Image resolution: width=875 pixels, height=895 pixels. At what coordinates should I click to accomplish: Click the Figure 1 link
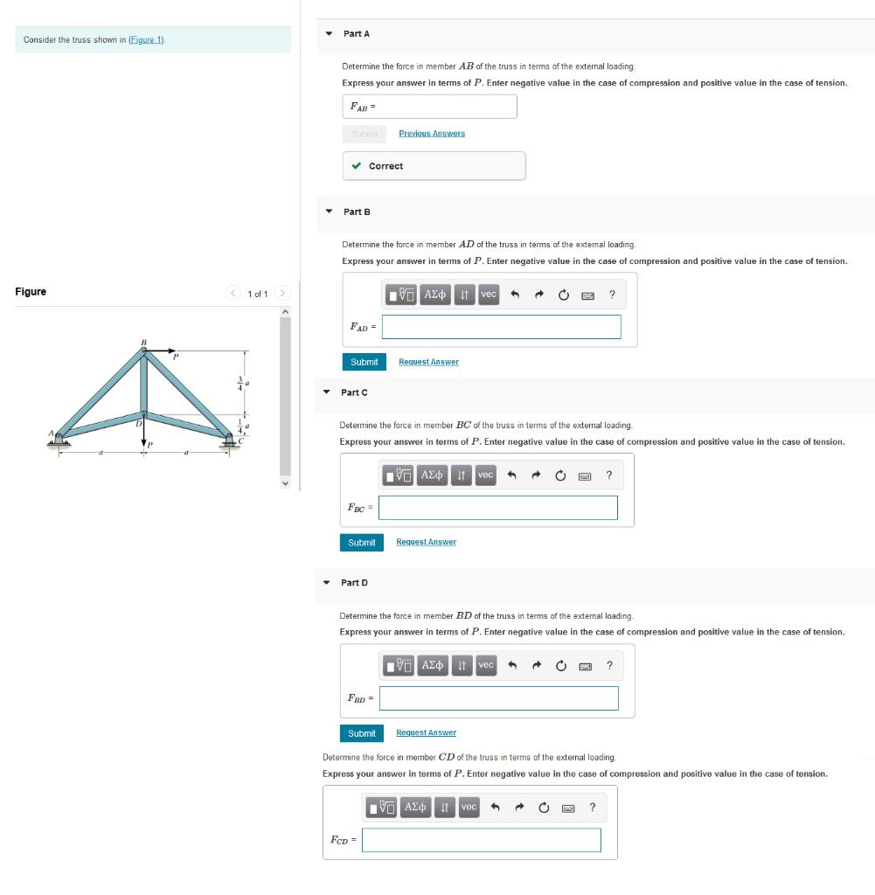(x=147, y=40)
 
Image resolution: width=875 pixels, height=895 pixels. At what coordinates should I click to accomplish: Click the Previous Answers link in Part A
(x=432, y=134)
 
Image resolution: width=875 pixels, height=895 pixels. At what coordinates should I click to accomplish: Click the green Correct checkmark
(x=356, y=166)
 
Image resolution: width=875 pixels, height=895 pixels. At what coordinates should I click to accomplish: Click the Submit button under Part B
(x=364, y=362)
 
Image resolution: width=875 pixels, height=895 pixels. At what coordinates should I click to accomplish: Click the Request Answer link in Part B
(x=428, y=362)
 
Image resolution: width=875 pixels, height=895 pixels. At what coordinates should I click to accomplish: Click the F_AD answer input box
(x=501, y=327)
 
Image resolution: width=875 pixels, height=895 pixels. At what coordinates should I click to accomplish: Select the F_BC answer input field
(x=497, y=508)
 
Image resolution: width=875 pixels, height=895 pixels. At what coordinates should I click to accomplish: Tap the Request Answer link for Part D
(x=426, y=733)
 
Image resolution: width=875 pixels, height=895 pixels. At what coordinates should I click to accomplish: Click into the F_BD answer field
(x=498, y=698)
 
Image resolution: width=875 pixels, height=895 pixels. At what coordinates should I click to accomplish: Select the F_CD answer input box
(x=482, y=840)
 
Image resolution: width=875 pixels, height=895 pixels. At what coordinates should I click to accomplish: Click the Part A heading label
(x=357, y=33)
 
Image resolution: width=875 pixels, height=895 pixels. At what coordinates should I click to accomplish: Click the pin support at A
(x=59, y=439)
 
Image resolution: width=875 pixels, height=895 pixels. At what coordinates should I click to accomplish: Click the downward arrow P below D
(x=144, y=437)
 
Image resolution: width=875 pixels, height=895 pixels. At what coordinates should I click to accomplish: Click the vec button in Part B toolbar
(x=488, y=295)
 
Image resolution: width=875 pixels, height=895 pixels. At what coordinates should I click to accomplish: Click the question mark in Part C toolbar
(x=608, y=475)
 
